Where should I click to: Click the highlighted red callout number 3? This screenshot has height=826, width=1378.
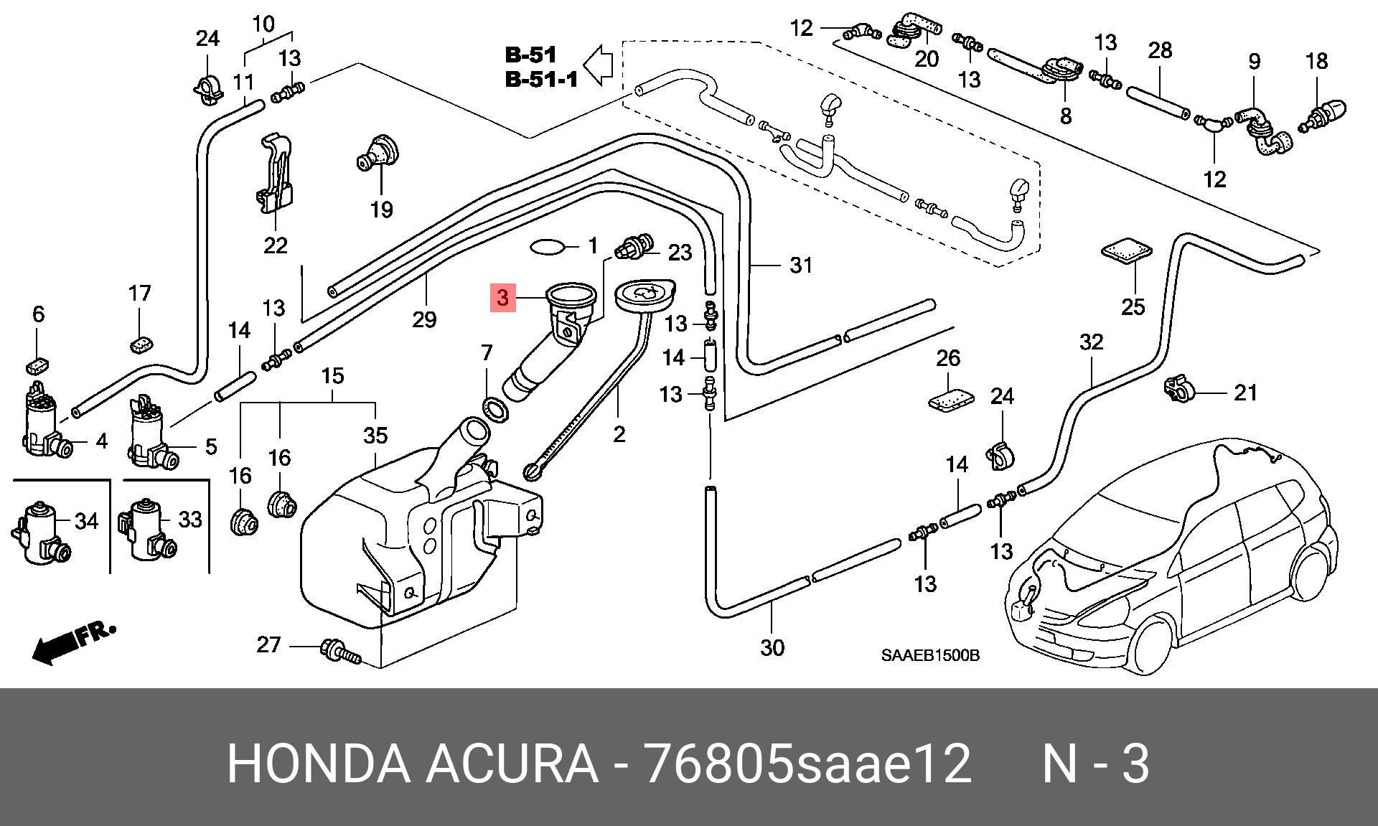pyautogui.click(x=502, y=297)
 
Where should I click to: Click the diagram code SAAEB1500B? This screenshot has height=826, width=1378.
pyautogui.click(x=931, y=655)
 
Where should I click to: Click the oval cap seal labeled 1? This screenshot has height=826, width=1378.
pyautogui.click(x=548, y=248)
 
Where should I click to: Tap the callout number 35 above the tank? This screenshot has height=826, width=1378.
pyautogui.click(x=375, y=435)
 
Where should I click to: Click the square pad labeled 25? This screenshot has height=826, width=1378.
pyautogui.click(x=1126, y=252)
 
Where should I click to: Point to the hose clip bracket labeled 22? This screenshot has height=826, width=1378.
pyautogui.click(x=275, y=173)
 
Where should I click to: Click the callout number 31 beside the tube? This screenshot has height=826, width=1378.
pyautogui.click(x=801, y=266)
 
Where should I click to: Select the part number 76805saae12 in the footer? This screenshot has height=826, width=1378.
pyautogui.click(x=807, y=764)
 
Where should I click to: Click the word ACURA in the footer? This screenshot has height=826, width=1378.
pyautogui.click(x=512, y=764)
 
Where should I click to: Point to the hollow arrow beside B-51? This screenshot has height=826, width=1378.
pyautogui.click(x=597, y=65)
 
